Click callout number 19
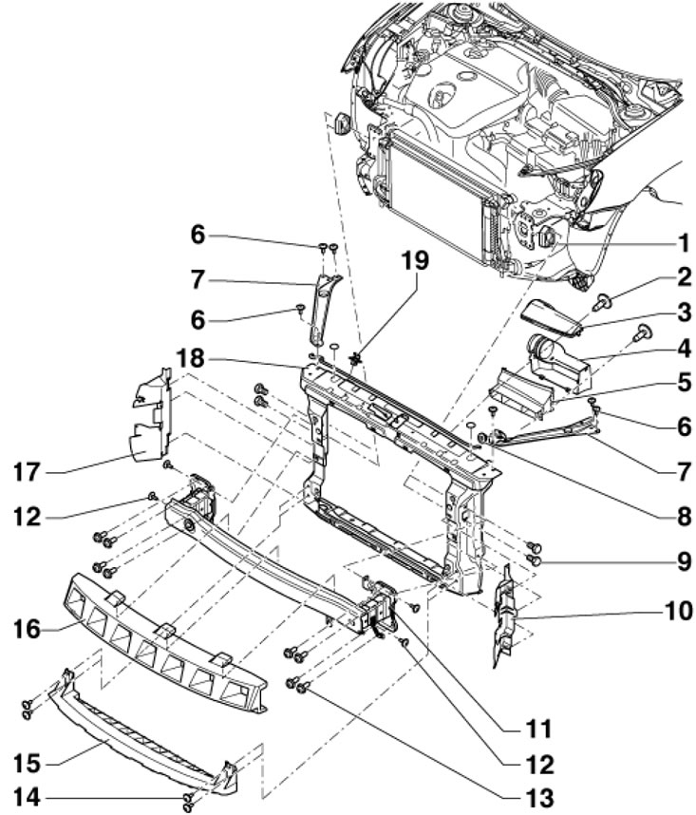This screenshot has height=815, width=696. pyautogui.click(x=415, y=260)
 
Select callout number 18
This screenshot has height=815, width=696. pyautogui.click(x=191, y=359)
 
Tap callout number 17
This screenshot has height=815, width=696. pyautogui.click(x=27, y=472)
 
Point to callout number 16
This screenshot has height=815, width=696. pyautogui.click(x=27, y=630)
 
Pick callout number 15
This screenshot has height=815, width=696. pyautogui.click(x=27, y=764)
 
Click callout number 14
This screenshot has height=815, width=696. pyautogui.click(x=27, y=797)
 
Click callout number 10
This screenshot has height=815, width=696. pyautogui.click(x=677, y=611)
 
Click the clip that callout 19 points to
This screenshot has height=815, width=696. pyautogui.click(x=356, y=358)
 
